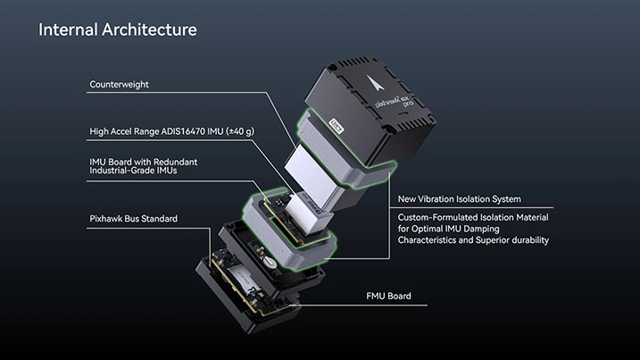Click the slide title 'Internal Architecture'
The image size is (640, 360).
[117, 29]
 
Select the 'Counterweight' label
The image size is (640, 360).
[120, 85]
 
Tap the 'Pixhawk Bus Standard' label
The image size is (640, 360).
[134, 218]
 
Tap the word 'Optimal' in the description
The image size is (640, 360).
[429, 229]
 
